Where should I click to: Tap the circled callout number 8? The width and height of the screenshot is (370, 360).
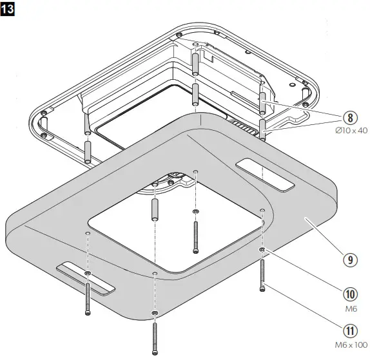[x=349, y=118]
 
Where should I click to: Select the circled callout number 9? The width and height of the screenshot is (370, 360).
[x=349, y=260]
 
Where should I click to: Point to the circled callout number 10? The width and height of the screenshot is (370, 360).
[x=349, y=294]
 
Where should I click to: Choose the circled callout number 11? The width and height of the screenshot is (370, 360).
[x=349, y=332]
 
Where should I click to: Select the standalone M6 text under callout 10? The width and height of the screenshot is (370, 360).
[x=349, y=308]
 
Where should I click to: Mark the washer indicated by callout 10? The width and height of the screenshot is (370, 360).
[x=262, y=249]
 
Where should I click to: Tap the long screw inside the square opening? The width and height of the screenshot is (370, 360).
[x=195, y=236]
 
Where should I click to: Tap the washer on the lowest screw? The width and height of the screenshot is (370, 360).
[x=155, y=313]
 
